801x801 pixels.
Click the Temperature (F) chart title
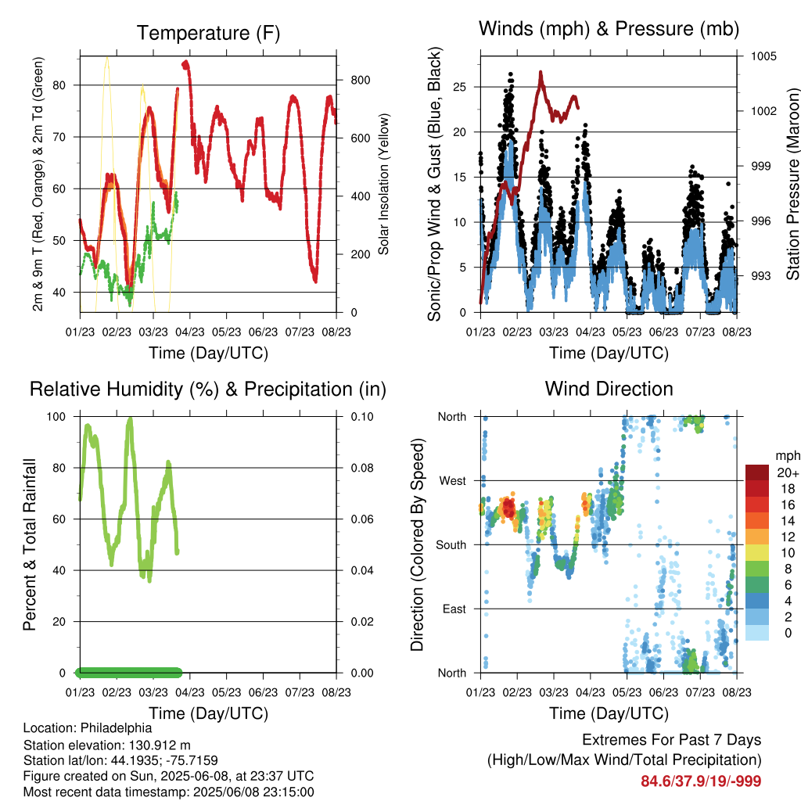point(208,33)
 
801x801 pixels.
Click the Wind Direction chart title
point(609,389)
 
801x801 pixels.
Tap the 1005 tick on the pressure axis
point(763,56)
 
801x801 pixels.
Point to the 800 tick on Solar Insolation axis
point(361,81)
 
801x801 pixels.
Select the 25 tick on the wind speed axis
point(460,87)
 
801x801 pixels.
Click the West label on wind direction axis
point(453,481)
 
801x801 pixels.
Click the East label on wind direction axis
point(454,609)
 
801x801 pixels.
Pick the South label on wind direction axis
point(451,545)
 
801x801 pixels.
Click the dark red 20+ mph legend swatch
point(757,472)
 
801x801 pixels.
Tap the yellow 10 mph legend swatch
point(757,553)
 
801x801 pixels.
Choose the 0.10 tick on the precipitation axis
point(362,417)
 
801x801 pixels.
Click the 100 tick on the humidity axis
point(56,417)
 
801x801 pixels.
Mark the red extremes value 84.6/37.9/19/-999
point(701,781)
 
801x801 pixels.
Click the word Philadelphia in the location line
point(116,728)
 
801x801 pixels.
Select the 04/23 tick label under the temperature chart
point(190,332)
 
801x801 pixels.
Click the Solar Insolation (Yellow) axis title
point(383,184)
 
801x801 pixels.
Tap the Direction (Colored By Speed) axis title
point(418,544)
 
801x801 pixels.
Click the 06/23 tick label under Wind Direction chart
point(663,692)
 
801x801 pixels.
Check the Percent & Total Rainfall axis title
point(30,544)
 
